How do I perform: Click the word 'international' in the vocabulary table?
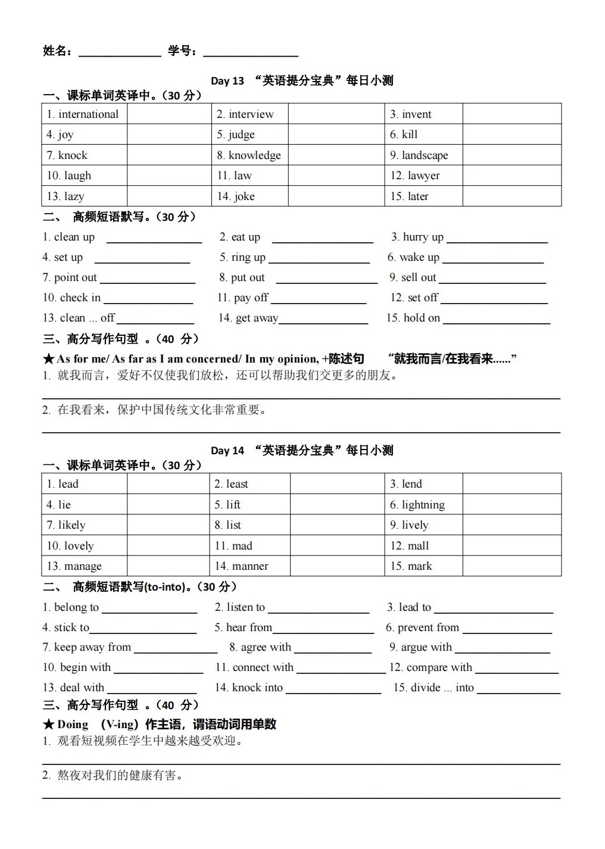(x=88, y=114)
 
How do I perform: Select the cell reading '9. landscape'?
(x=419, y=155)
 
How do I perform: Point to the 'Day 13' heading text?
(x=227, y=81)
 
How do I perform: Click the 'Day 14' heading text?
(x=227, y=451)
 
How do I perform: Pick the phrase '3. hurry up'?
(x=417, y=237)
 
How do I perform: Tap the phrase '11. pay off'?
(x=242, y=298)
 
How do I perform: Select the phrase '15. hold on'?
(x=413, y=318)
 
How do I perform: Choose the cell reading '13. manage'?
(x=74, y=566)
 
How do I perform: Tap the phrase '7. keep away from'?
(x=86, y=647)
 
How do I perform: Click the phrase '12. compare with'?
(x=431, y=667)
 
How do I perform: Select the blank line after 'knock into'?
(x=333, y=692)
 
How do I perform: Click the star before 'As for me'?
(x=49, y=359)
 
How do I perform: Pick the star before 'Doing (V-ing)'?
(x=49, y=725)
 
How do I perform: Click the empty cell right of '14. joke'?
(x=336, y=196)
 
